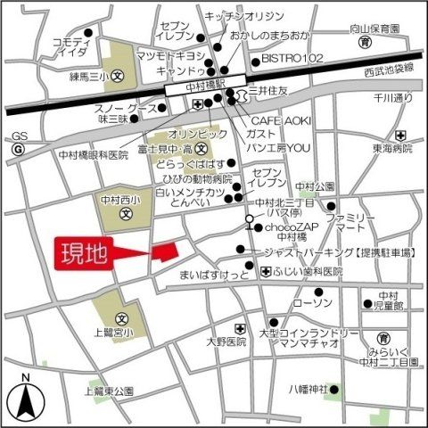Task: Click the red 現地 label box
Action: pos(86,253)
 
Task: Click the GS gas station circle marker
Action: pos(17,150)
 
